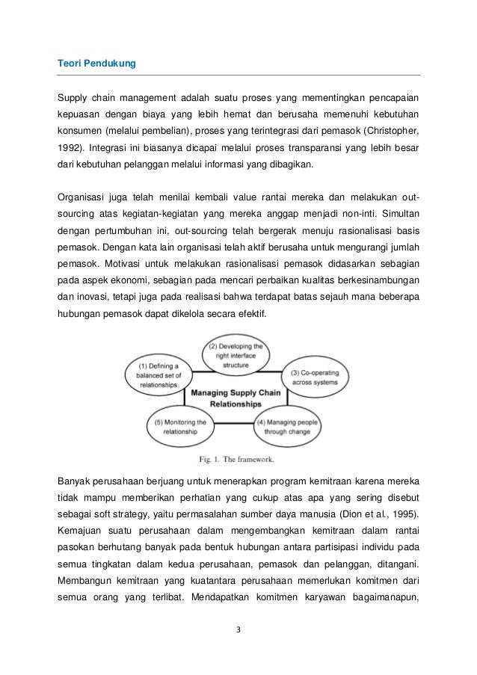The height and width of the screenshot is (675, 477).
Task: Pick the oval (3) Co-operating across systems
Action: pyautogui.click(x=316, y=377)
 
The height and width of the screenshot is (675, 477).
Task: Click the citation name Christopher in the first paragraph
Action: pyautogui.click(x=392, y=130)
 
